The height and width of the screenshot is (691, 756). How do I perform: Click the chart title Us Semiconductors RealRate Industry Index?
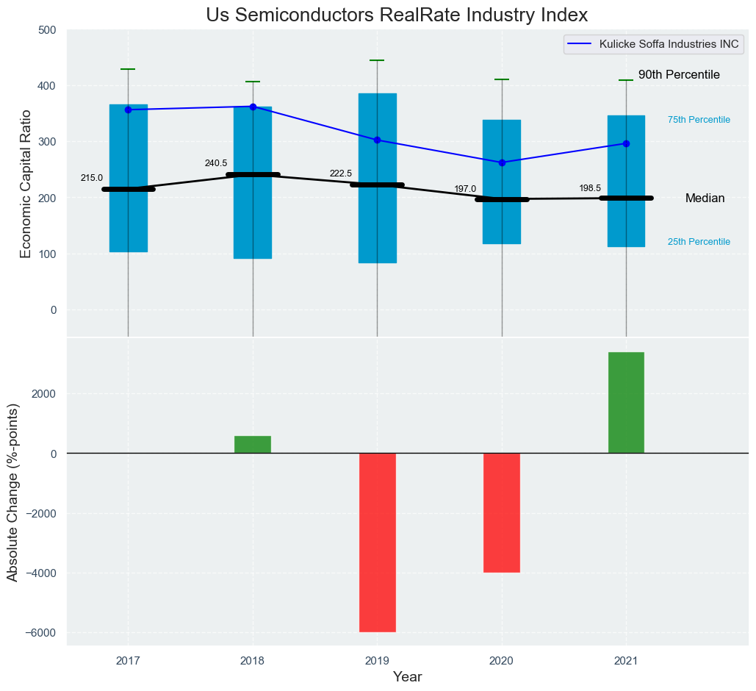click(397, 15)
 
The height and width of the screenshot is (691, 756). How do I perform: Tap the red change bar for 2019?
click(378, 542)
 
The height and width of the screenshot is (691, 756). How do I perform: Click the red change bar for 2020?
click(502, 512)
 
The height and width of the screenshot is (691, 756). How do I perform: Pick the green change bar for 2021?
click(626, 403)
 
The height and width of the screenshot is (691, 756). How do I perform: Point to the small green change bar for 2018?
click(253, 445)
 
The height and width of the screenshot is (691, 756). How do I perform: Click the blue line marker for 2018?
click(253, 107)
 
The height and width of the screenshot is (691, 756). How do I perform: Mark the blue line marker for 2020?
click(502, 162)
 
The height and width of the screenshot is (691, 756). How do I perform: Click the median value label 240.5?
click(216, 163)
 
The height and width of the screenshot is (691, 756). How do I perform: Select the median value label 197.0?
click(465, 189)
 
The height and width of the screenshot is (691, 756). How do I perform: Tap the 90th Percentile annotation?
click(679, 75)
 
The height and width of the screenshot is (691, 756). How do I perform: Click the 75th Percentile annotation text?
click(699, 120)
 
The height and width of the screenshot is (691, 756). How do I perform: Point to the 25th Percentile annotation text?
click(699, 242)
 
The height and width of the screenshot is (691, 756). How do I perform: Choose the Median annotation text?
click(705, 198)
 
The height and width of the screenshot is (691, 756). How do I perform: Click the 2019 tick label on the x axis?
click(377, 661)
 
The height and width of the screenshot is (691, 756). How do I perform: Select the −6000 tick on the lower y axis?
click(43, 633)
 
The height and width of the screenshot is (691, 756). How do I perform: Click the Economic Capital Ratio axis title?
click(26, 184)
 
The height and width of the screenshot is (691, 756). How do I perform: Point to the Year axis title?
click(407, 677)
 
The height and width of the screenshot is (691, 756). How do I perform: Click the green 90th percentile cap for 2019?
click(377, 60)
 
